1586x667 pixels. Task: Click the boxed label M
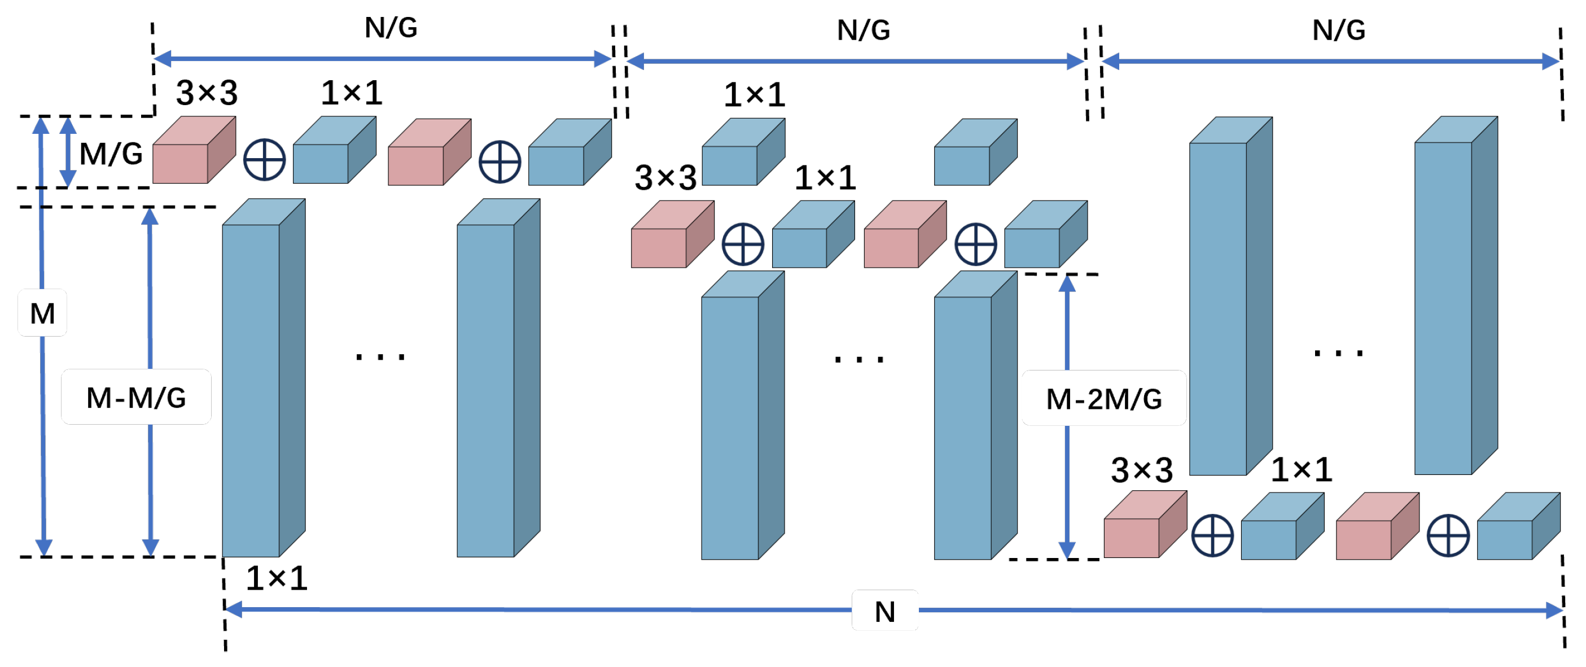coord(42,313)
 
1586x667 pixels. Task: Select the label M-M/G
coord(136,397)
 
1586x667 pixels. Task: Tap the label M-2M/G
coord(1103,399)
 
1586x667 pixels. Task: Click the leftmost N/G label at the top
coord(391,28)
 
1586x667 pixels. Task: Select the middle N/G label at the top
coord(863,30)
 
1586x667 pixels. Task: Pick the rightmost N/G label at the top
coord(1338,30)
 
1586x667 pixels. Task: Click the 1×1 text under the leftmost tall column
coord(277,578)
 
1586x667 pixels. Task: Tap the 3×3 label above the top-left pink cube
coord(207,93)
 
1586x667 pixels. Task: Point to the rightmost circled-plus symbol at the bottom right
coord(1448,535)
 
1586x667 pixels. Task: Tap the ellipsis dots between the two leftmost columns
coord(380,356)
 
